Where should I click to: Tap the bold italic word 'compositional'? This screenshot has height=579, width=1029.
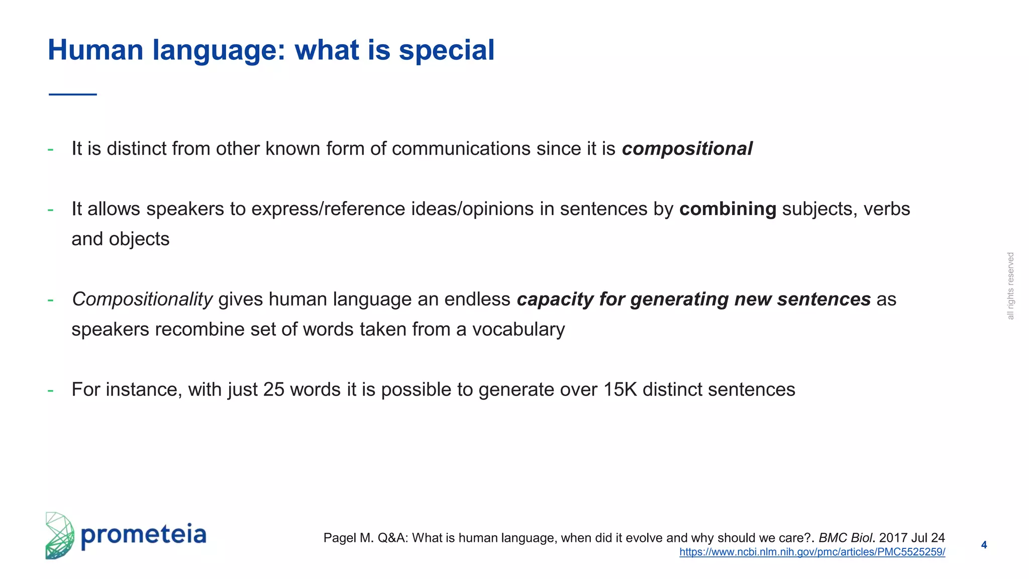pyautogui.click(x=687, y=149)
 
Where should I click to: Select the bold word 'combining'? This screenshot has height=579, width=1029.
pyautogui.click(x=728, y=209)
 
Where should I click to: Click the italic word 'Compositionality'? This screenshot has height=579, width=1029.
pyautogui.click(x=142, y=300)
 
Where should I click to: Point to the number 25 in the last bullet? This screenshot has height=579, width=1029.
pyautogui.click(x=274, y=390)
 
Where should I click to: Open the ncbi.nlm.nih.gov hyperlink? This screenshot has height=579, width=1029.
pyautogui.click(x=812, y=552)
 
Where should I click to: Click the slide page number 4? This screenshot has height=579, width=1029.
pyautogui.click(x=984, y=545)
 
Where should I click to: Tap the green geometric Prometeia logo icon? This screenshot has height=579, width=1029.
pyautogui.click(x=59, y=536)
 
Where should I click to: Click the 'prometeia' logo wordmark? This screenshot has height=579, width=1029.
pyautogui.click(x=144, y=535)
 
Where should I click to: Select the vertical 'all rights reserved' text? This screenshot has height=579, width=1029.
pyautogui.click(x=1011, y=286)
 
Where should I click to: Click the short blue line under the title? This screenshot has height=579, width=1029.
pyautogui.click(x=73, y=94)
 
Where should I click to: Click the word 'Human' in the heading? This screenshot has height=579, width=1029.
pyautogui.click(x=95, y=50)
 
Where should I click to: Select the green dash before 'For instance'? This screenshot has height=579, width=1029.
pyautogui.click(x=50, y=390)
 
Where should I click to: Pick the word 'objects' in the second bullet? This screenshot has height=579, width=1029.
pyautogui.click(x=139, y=239)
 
